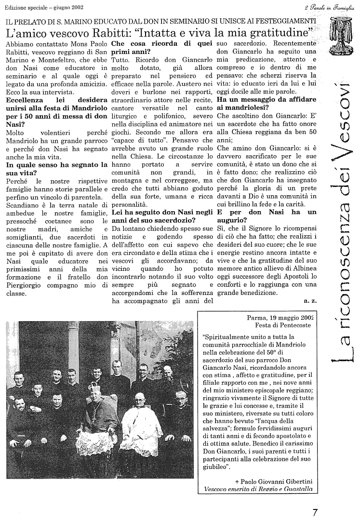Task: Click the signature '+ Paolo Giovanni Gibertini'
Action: coord(274,481)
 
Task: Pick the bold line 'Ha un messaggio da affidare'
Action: coord(267,99)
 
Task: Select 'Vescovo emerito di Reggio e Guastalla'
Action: coord(258,489)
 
